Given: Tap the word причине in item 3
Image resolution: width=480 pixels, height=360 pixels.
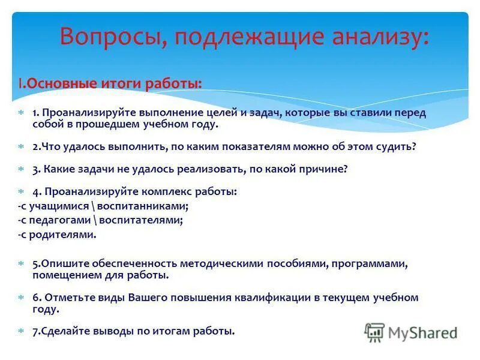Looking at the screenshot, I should coord(323,169).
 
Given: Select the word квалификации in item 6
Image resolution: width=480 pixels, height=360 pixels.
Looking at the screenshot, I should coord(265,298).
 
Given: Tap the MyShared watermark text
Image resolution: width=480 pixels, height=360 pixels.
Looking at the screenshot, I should coord(422,332).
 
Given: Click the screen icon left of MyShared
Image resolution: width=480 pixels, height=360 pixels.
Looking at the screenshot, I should coord(374,332).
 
